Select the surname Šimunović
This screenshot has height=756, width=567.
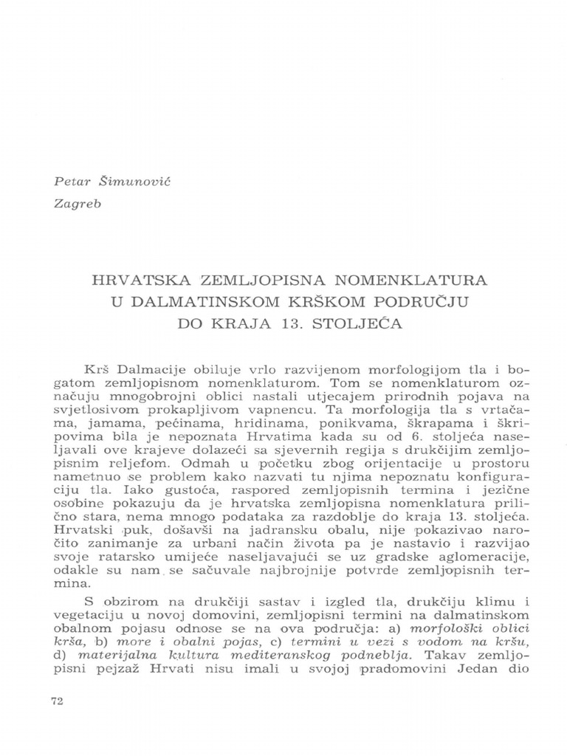(x=119, y=181)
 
